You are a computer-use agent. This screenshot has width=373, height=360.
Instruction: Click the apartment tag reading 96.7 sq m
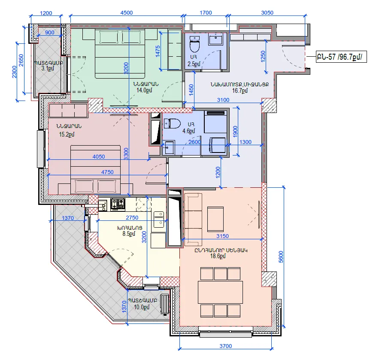click(x=341, y=57)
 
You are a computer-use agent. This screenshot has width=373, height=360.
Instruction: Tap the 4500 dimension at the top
click(x=126, y=12)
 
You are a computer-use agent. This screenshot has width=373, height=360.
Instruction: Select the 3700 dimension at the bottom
click(x=225, y=346)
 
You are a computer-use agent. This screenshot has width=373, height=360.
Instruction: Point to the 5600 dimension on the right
click(x=281, y=256)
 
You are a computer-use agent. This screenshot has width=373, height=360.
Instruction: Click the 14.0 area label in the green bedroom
click(x=144, y=90)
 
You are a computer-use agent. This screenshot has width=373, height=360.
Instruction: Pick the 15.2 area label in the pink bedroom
click(x=67, y=134)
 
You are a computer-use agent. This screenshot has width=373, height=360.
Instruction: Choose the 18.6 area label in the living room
click(x=218, y=256)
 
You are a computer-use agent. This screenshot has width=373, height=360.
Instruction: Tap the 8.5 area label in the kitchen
click(x=129, y=234)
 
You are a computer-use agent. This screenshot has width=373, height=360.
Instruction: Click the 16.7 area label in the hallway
click(x=240, y=91)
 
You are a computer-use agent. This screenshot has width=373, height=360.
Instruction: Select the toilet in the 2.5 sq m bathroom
click(x=194, y=44)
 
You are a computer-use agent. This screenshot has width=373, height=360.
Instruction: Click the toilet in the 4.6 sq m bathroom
click(x=172, y=124)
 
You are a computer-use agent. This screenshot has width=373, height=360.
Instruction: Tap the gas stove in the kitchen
click(x=118, y=204)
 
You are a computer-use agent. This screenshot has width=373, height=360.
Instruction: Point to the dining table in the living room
click(x=221, y=292)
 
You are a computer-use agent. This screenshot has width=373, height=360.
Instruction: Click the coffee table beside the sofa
click(x=215, y=219)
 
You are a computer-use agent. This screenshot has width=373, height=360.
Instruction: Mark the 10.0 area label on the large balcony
click(x=142, y=307)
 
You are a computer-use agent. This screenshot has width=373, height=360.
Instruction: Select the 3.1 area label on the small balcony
click(x=48, y=69)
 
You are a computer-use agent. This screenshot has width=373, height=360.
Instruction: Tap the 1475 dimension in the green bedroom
click(x=158, y=51)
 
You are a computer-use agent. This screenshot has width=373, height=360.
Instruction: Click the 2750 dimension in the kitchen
click(x=132, y=217)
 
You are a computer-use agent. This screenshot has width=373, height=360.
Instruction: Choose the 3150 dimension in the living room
click(x=222, y=236)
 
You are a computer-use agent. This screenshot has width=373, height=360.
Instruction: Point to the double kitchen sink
click(x=159, y=219)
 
